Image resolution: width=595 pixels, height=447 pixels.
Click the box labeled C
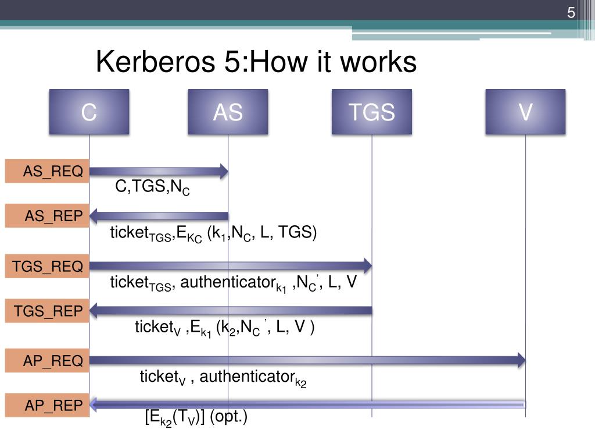click(x=89, y=112)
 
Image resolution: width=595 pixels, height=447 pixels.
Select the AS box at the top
click(x=228, y=112)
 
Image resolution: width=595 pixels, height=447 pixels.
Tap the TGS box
click(x=372, y=112)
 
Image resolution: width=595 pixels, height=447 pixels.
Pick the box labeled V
click(x=525, y=112)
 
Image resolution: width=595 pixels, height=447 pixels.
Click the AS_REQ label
click(x=47, y=171)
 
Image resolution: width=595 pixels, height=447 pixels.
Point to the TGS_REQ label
click(x=47, y=267)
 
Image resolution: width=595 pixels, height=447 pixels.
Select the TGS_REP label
click(x=47, y=311)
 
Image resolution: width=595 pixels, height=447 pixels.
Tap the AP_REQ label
click(x=47, y=360)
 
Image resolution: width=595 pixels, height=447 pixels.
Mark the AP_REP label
click(x=47, y=405)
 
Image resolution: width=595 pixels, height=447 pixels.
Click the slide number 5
click(x=571, y=13)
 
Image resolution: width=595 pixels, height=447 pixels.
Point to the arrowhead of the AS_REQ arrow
click(x=224, y=171)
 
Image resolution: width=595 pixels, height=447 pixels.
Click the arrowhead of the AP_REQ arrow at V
click(x=521, y=360)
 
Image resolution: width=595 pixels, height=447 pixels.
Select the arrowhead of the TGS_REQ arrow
click(x=367, y=267)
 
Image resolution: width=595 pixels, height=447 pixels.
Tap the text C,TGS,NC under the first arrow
click(x=152, y=187)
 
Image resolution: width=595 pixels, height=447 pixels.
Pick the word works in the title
click(x=382, y=62)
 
